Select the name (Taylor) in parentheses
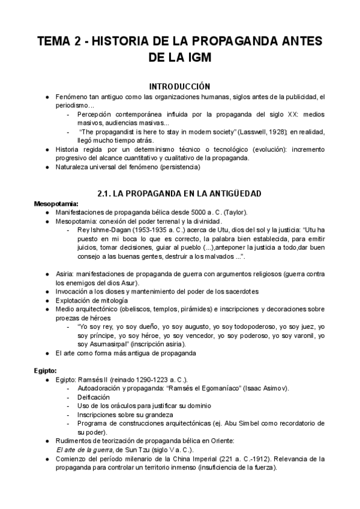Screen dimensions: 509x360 [x=232, y=212]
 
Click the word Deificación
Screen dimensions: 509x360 [x=94, y=397]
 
